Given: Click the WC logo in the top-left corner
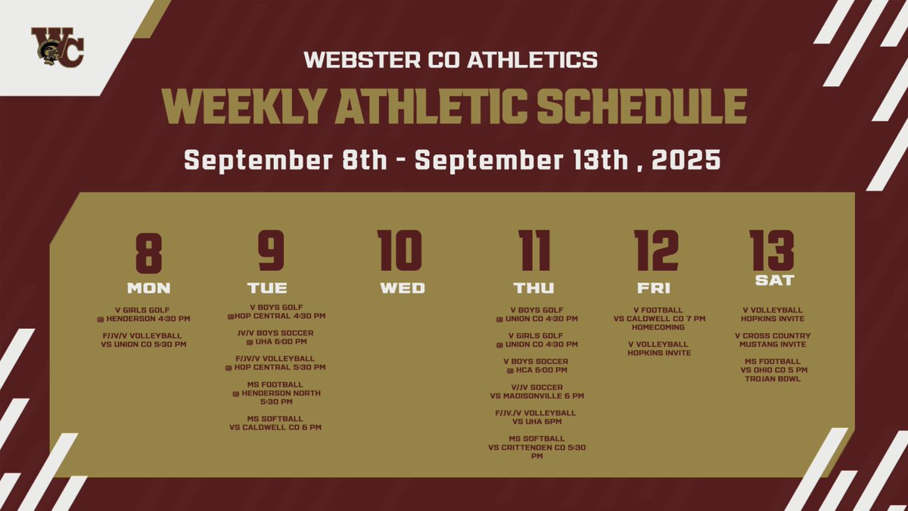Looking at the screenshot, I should (x=57, y=46).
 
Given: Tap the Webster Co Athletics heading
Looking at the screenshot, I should (x=451, y=59).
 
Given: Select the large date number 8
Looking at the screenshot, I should (x=148, y=253).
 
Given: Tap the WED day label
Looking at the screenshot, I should (x=402, y=288).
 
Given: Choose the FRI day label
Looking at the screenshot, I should (x=654, y=288).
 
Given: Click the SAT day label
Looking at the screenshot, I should (x=774, y=280).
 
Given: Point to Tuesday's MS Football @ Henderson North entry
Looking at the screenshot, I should (x=276, y=392).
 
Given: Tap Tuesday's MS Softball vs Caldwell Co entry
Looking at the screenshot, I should (x=276, y=422).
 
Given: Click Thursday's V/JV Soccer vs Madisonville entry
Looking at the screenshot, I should (x=536, y=391).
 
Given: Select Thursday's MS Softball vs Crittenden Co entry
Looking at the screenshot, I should (x=536, y=447).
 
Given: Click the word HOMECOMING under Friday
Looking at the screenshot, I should (x=658, y=327).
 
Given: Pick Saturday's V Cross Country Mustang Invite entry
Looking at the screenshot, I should (x=776, y=340).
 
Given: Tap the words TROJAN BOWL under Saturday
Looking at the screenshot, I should (x=776, y=379).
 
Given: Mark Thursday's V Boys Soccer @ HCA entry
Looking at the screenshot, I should (x=536, y=366).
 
